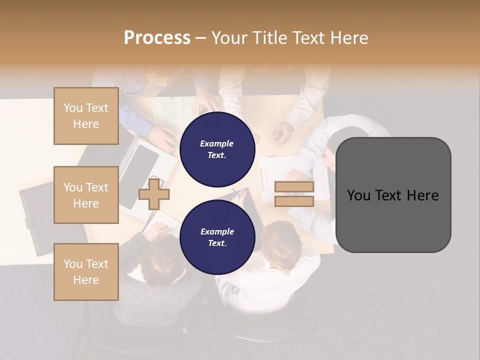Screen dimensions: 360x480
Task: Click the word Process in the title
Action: tap(157, 38)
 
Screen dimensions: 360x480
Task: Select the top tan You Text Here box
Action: tap(86, 116)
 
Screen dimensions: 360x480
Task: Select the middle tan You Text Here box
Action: tap(86, 195)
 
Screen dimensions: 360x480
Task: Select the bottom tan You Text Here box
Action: tap(86, 272)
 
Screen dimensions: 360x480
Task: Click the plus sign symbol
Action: tap(153, 194)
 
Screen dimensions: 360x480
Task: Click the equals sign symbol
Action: tap(294, 194)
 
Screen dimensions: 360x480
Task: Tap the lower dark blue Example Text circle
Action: tap(217, 237)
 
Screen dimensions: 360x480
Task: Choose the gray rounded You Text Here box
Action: tap(393, 195)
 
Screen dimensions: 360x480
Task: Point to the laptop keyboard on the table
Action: tap(138, 175)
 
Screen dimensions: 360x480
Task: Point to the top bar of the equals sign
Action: tap(294, 187)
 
